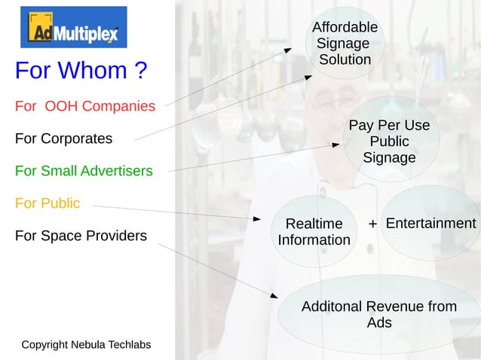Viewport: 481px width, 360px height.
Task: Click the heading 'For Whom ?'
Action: pos(81,71)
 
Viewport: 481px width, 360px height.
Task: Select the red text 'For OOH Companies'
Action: pos(85,106)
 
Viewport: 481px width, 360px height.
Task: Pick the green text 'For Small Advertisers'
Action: pos(84,171)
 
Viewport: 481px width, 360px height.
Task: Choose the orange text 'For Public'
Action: pos(47,203)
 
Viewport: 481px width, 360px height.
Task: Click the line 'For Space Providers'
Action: pos(81,236)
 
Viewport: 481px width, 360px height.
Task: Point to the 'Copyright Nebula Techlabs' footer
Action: pos(86,345)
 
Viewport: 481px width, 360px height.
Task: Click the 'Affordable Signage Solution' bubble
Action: pos(345,44)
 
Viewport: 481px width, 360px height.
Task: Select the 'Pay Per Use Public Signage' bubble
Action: pos(389,141)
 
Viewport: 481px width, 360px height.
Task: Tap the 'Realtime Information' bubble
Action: pos(314,232)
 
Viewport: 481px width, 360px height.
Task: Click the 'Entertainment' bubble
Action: pos(430,224)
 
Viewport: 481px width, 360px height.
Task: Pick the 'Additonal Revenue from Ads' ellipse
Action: pos(379,315)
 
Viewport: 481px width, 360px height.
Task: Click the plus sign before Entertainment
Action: pos(372,224)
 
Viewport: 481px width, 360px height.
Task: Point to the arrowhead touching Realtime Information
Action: pos(256,219)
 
